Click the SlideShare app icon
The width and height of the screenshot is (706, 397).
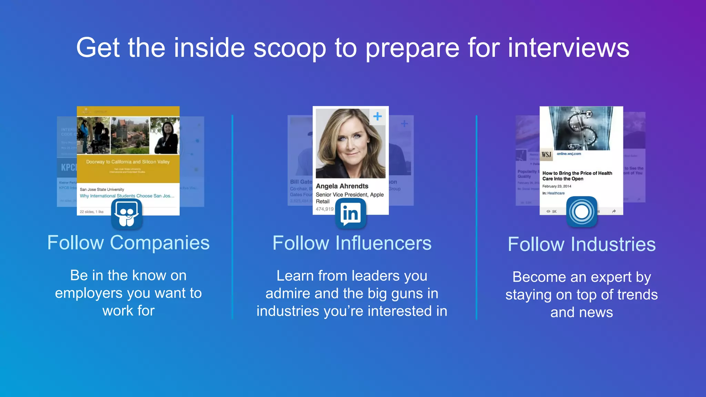[x=127, y=214]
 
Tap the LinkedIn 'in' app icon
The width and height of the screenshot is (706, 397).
[x=351, y=214]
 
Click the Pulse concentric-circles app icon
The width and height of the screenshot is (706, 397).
[x=582, y=212]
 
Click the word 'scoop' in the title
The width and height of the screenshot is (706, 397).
[x=290, y=48]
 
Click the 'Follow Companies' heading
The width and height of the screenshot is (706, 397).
[x=128, y=243]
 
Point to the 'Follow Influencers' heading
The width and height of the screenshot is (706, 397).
[x=352, y=243]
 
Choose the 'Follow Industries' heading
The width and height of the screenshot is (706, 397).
[x=582, y=244]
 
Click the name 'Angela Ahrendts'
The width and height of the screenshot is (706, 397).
[x=342, y=186]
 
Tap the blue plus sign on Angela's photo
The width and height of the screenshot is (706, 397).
[x=377, y=116]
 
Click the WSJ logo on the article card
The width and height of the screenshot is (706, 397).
[x=546, y=154]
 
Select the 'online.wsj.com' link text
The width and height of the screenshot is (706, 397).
[x=569, y=154]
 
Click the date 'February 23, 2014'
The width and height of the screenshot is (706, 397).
[x=556, y=186]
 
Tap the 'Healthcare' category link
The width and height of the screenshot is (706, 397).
[x=556, y=193]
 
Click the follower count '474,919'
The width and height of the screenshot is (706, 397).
[x=325, y=209]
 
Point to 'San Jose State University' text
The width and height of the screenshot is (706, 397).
[x=102, y=189]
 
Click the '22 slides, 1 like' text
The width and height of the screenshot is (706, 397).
[x=91, y=212]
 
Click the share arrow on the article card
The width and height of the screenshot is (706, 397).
[x=614, y=211]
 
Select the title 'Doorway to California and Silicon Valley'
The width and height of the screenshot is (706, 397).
[x=128, y=162]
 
